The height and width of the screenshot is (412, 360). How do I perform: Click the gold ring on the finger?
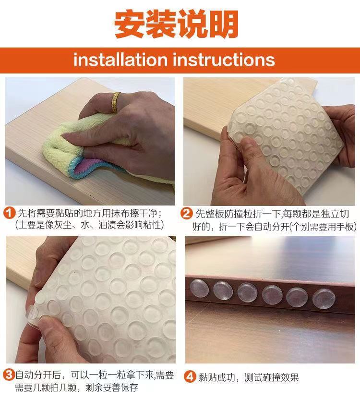coord(115,102)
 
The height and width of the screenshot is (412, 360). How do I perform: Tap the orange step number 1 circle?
coord(9,213)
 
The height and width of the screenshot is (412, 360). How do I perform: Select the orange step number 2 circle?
coord(186,213)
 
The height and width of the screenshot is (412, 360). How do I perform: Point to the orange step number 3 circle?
coord(9,375)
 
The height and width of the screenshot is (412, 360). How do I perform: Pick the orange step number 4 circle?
coord(190,376)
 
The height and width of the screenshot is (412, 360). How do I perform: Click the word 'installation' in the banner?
coord(120,60)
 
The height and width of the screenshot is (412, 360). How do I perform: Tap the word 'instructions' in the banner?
coord(224,60)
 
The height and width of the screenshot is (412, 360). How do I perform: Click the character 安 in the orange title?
coord(130,24)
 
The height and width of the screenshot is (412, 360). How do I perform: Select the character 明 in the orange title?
coord(224,24)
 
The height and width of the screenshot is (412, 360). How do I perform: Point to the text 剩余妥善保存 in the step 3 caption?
coord(111,388)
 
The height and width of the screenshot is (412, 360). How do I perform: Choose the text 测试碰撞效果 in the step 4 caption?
coord(272,377)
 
